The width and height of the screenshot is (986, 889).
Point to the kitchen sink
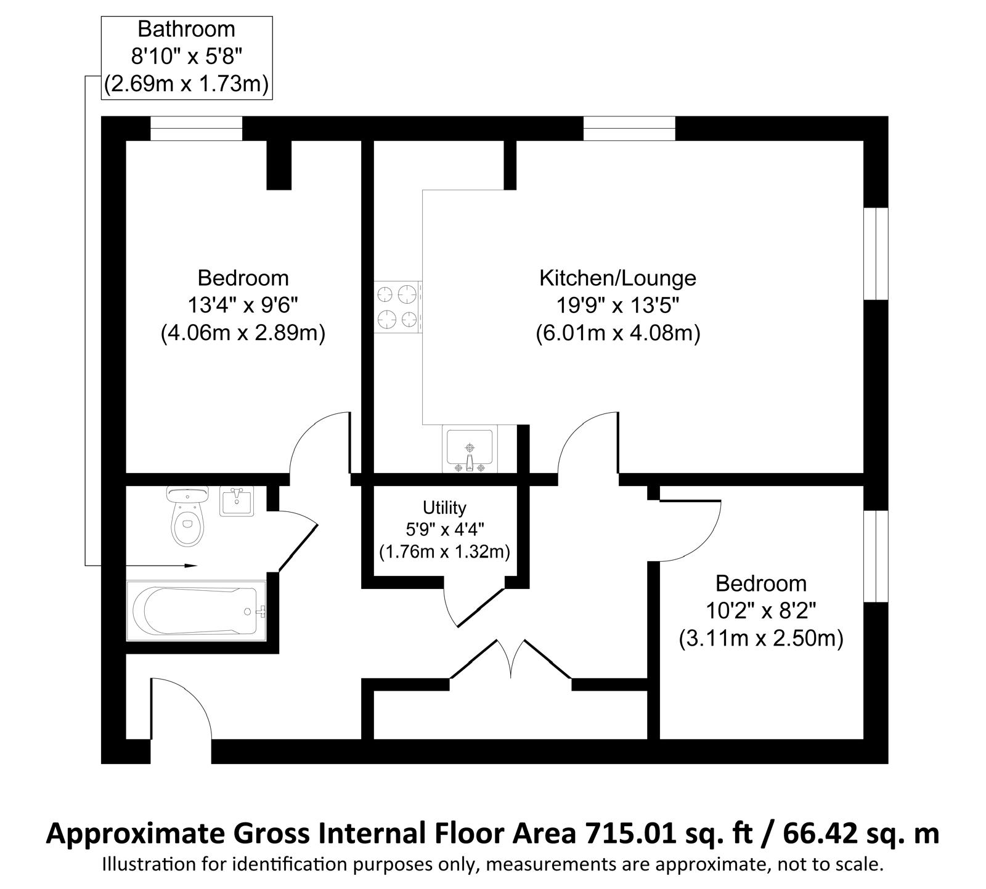[469, 449]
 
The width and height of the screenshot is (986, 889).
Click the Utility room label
[444, 508]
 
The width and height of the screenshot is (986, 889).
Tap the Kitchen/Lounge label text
[617, 278]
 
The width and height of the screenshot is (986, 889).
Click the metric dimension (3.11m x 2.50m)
[760, 638]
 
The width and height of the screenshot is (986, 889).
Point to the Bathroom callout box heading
[186, 29]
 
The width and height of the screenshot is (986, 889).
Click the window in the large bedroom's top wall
[197, 129]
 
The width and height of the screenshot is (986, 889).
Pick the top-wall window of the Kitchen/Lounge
[629, 129]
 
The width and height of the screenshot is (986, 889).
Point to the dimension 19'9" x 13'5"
[618, 306]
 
